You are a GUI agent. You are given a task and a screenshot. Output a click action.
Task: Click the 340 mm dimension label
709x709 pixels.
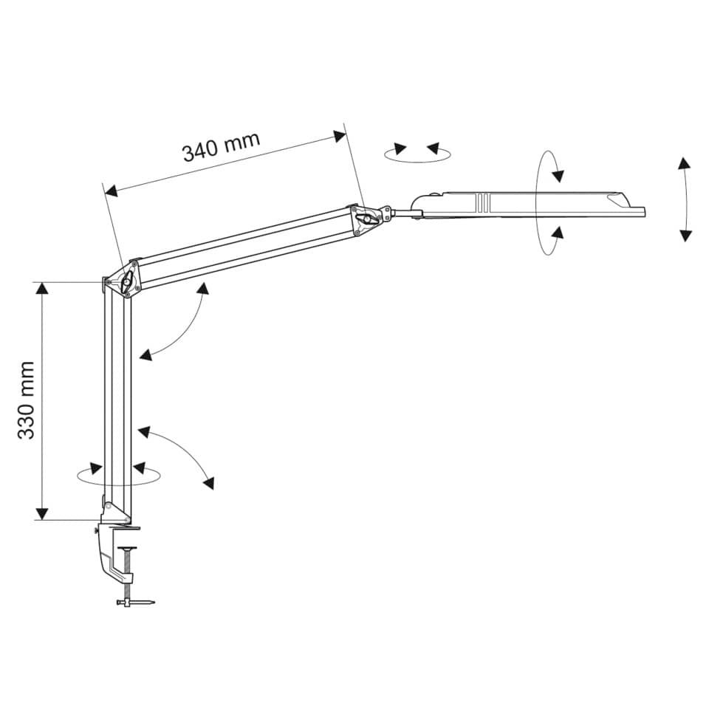221,146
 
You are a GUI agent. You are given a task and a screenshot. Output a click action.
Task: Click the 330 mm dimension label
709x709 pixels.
27,400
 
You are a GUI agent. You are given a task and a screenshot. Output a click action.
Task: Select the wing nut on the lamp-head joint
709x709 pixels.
368,220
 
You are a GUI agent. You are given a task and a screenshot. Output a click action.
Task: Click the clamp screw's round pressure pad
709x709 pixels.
129,548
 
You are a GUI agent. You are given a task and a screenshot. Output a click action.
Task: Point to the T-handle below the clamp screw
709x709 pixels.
135,603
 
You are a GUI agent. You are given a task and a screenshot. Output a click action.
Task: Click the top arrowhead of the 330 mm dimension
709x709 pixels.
42,288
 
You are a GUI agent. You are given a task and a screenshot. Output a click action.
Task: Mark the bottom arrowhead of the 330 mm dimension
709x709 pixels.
42,514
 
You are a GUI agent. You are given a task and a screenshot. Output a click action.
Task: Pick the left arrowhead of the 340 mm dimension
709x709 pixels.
111,191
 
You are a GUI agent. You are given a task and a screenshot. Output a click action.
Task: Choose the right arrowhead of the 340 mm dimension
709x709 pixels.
340,136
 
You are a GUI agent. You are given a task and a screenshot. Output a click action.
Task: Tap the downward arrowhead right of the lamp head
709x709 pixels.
686,236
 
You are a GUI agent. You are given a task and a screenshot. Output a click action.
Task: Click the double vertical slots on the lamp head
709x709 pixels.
482,202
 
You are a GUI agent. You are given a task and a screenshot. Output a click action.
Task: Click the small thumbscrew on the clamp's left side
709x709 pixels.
97,530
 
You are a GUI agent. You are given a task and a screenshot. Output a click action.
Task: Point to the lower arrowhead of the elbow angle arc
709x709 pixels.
145,355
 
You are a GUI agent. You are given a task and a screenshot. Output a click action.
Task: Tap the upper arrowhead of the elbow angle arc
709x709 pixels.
203,289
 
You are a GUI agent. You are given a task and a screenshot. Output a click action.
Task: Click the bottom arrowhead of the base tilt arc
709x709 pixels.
209,483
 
